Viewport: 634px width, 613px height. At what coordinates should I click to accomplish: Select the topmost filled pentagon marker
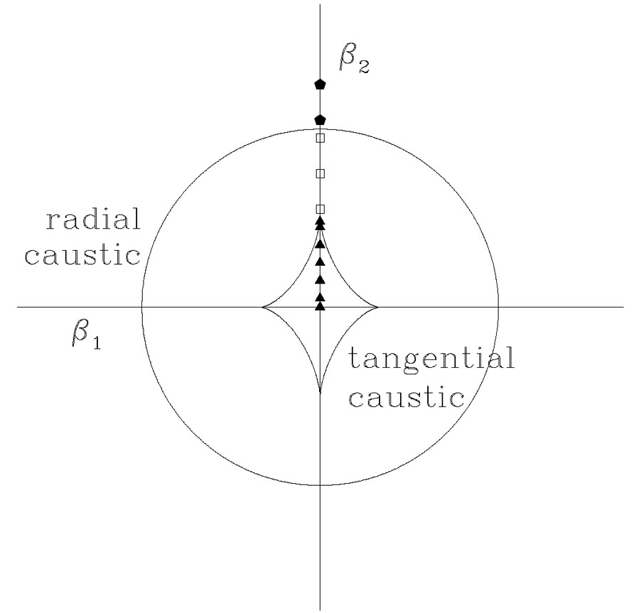point(320,85)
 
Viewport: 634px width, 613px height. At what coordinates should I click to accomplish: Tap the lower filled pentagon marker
point(320,119)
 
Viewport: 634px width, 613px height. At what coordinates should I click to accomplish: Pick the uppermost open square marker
point(320,138)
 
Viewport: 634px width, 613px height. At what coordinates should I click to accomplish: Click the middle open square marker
point(320,173)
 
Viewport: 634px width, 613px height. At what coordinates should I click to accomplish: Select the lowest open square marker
point(320,209)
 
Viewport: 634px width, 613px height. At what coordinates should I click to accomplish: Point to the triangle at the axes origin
point(320,306)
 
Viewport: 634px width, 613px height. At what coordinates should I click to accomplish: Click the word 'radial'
point(93,221)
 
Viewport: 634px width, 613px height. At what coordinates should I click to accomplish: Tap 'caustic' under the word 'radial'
point(83,254)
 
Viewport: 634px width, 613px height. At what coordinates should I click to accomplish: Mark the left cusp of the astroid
point(262,308)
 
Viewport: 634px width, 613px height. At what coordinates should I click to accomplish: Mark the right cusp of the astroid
point(377,308)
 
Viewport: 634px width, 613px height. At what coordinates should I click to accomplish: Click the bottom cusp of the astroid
point(320,392)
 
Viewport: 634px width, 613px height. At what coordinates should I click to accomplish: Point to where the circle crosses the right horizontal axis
point(498,308)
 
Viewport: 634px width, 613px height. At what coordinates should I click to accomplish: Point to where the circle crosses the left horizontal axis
point(141,308)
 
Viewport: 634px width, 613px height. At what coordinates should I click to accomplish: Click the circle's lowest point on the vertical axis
point(320,485)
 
